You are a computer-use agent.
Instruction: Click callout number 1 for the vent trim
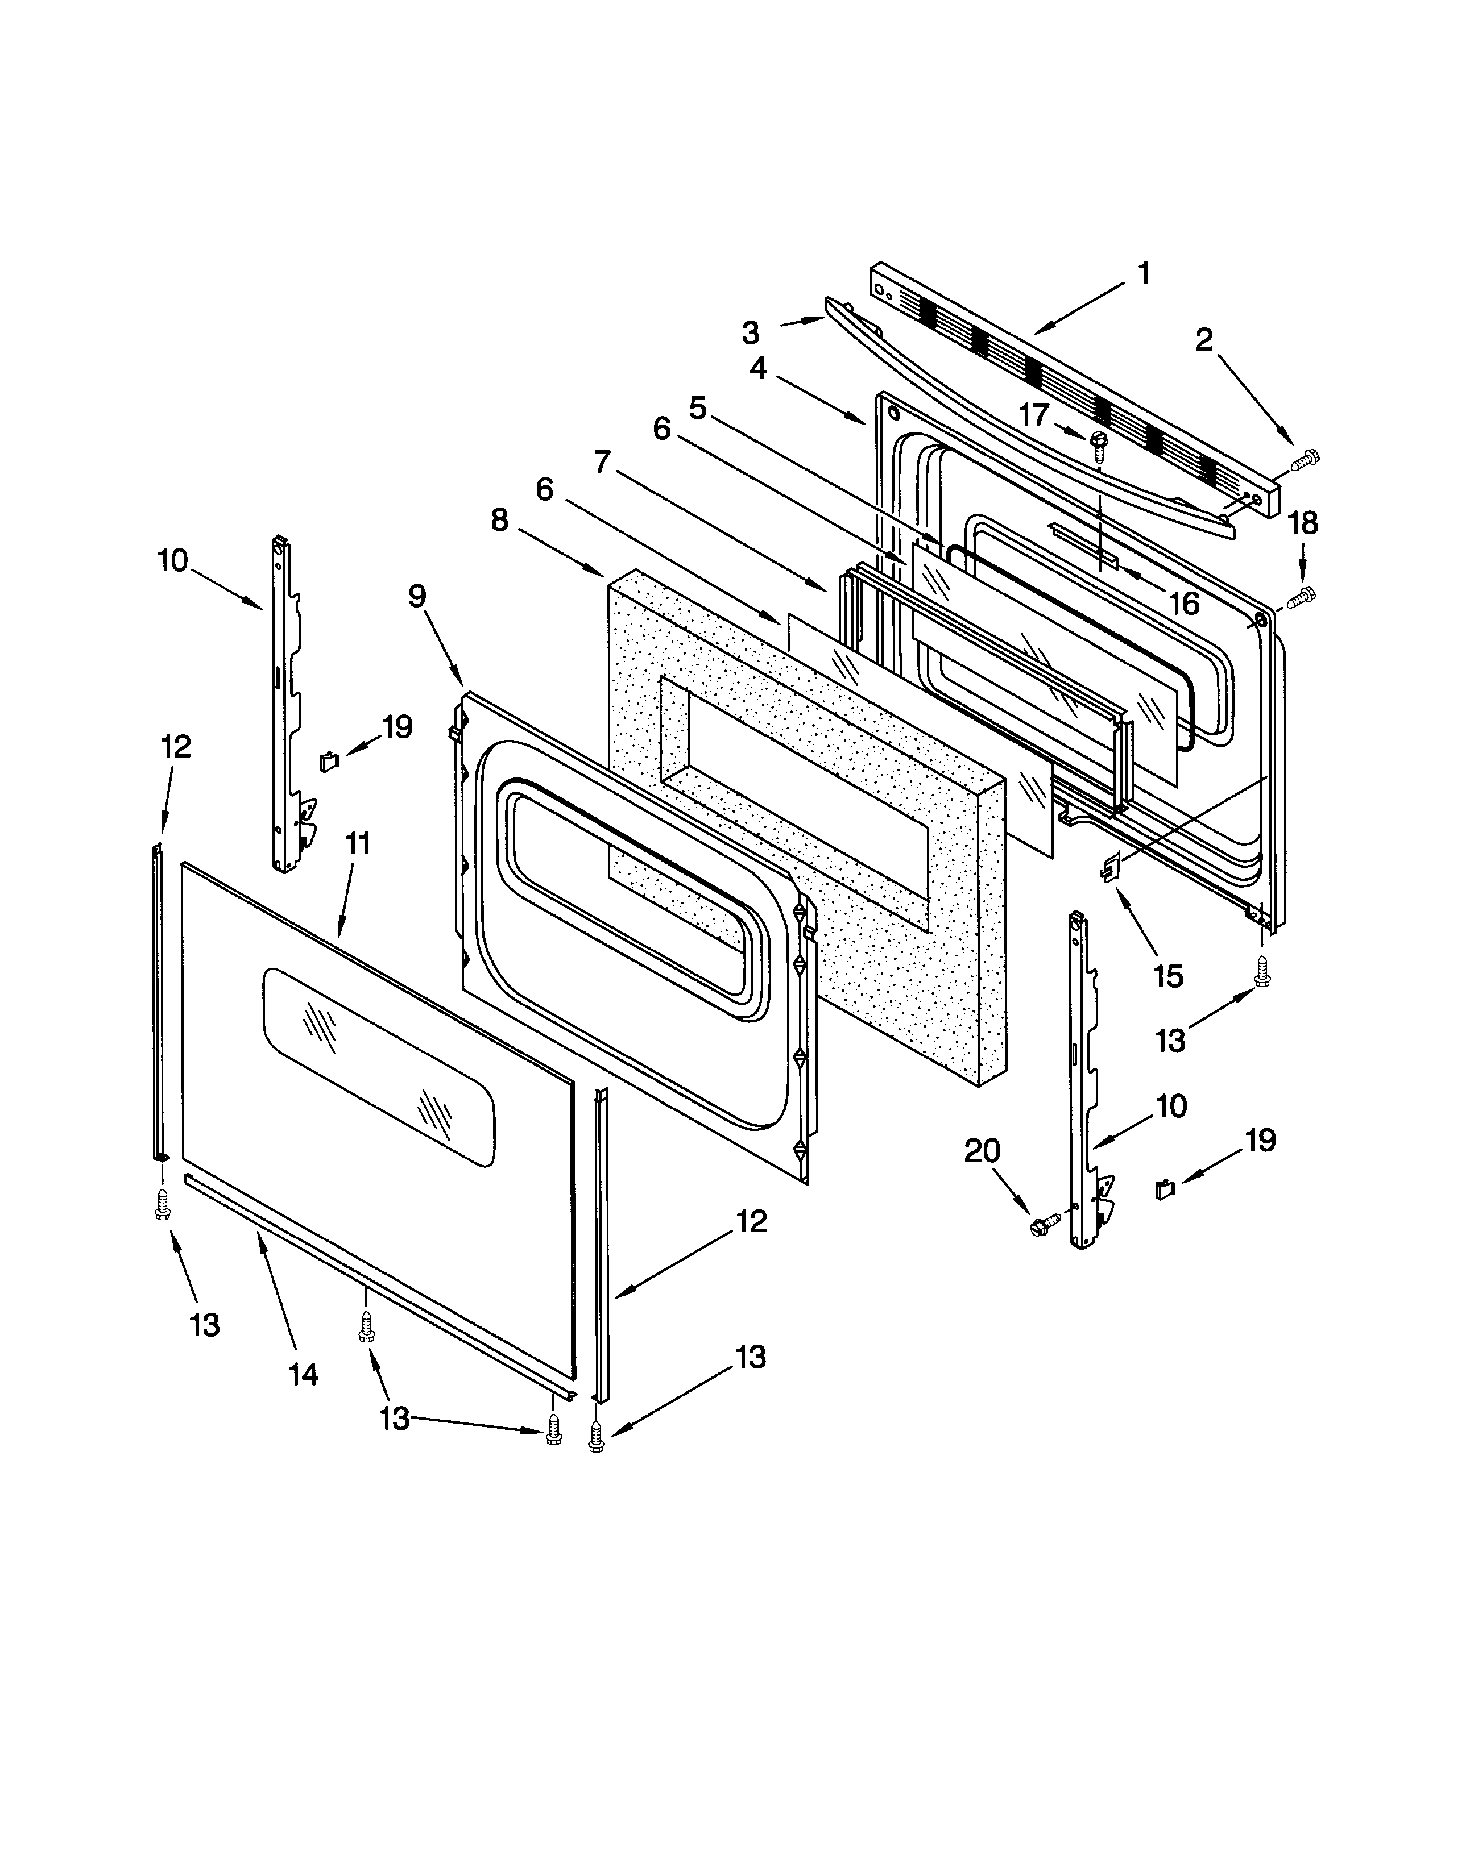(1144, 275)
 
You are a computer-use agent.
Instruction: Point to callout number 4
(757, 368)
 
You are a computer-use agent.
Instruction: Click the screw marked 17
(1099, 442)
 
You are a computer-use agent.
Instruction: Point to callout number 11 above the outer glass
(357, 843)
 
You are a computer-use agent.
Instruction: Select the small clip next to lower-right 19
(1165, 1189)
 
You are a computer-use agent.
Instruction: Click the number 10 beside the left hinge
(173, 561)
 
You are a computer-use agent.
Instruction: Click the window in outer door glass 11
(380, 1068)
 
